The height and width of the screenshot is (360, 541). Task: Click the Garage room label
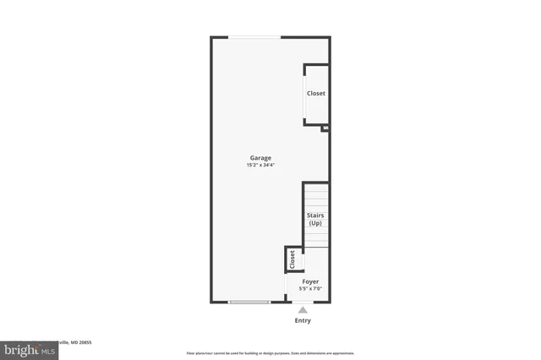point(260,158)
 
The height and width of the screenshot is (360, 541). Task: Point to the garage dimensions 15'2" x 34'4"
point(260,165)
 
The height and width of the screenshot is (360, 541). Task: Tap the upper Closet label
point(315,94)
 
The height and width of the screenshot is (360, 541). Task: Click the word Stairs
point(314,216)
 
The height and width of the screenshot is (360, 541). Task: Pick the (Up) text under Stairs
point(314,223)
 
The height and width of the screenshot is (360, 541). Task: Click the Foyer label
point(310,281)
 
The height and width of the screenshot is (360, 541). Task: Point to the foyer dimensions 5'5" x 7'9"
point(310,289)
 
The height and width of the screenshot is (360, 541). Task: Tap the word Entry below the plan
point(303,320)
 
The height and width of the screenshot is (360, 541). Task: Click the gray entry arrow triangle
point(303,310)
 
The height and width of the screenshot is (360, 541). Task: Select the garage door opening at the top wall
point(256,37)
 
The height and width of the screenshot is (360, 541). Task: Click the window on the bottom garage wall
point(249,302)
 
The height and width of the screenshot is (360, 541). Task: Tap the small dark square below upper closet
point(325,128)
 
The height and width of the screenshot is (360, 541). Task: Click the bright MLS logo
point(27,349)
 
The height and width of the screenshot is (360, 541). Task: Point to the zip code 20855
point(84,342)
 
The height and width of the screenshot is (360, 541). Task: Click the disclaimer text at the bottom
point(270,353)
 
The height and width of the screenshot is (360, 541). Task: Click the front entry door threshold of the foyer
point(303,302)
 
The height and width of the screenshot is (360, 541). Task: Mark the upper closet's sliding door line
point(305,95)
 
